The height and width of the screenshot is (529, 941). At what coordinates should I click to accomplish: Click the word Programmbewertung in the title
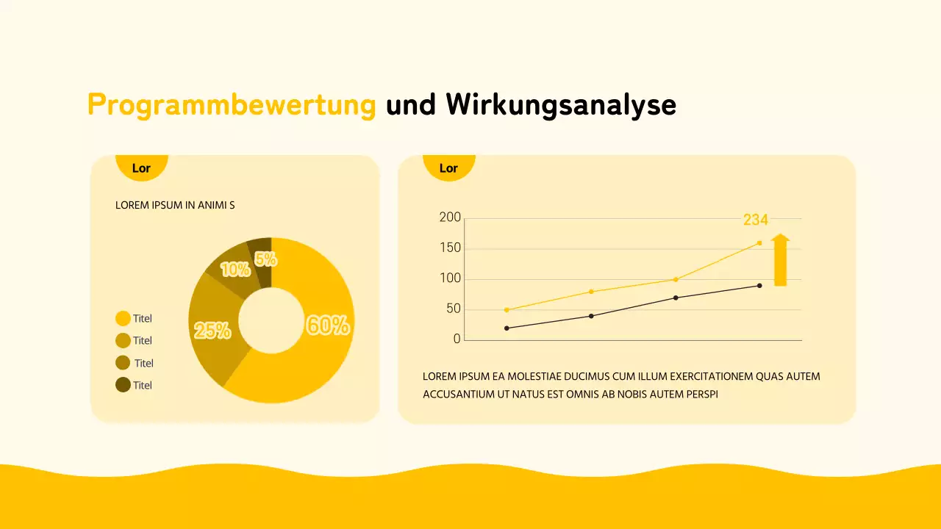(232, 105)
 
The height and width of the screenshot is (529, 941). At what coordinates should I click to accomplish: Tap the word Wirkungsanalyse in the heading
(561, 105)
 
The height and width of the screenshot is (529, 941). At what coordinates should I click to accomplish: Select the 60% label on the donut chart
(328, 325)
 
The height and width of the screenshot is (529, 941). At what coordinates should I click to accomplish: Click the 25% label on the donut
(212, 331)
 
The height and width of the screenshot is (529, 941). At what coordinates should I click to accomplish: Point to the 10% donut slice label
(235, 270)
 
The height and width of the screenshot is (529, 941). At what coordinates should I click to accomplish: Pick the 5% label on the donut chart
(265, 259)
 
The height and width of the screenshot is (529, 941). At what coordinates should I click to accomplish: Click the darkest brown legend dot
(123, 384)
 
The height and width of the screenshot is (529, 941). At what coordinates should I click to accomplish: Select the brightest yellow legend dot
(123, 318)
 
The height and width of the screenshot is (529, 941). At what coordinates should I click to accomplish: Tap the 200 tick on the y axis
(450, 217)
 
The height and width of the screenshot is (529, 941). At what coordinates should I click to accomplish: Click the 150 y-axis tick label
(450, 248)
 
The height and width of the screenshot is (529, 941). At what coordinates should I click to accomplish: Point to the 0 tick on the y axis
(457, 339)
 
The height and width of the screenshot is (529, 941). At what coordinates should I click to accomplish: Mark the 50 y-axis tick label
(453, 309)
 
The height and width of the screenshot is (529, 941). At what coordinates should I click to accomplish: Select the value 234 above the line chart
(756, 220)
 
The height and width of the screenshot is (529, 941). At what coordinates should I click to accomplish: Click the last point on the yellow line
(759, 242)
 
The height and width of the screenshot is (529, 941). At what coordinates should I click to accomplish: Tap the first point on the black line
(507, 328)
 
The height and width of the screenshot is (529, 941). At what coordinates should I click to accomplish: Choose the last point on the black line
(759, 285)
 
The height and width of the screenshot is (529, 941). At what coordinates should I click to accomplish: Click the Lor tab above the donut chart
(141, 168)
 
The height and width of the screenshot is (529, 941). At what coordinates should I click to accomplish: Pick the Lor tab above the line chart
(448, 168)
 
